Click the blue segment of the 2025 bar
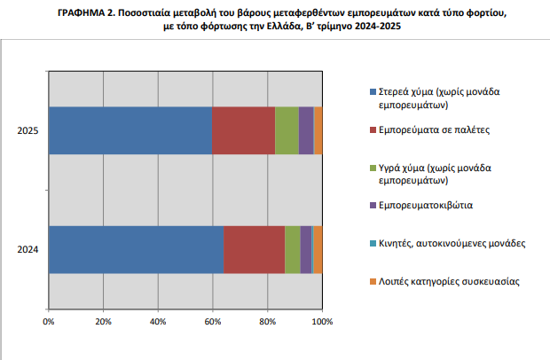tap(130, 130)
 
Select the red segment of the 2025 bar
tap(244, 130)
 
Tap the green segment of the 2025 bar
tap(287, 130)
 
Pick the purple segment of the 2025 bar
tap(306, 130)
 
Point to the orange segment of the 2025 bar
tap(318, 130)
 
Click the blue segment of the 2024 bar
tap(137, 249)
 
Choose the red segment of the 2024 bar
tap(255, 249)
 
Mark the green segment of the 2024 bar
tap(293, 249)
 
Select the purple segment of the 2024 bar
tap(306, 249)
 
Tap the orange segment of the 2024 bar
tap(318, 249)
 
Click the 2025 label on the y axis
tap(27, 130)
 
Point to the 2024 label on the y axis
tap(27, 249)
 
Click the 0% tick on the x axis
tap(49, 322)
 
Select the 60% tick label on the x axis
tap(213, 322)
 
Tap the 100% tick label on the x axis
tap(322, 322)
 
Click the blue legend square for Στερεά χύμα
tap(373, 92)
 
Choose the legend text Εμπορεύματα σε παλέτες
tap(434, 130)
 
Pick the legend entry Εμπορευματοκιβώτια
tap(426, 205)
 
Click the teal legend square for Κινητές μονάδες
tap(373, 243)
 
